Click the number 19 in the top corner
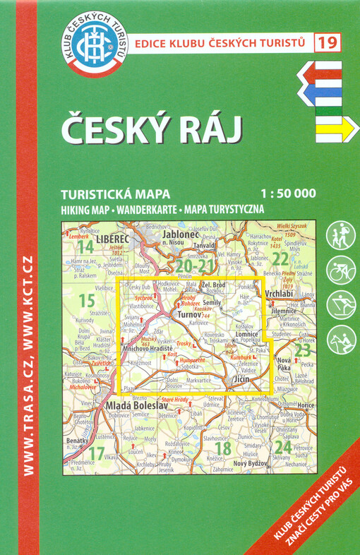(x=327, y=42)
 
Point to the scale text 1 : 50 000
(x=288, y=193)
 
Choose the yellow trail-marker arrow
(x=337, y=129)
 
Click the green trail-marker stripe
(x=328, y=110)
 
